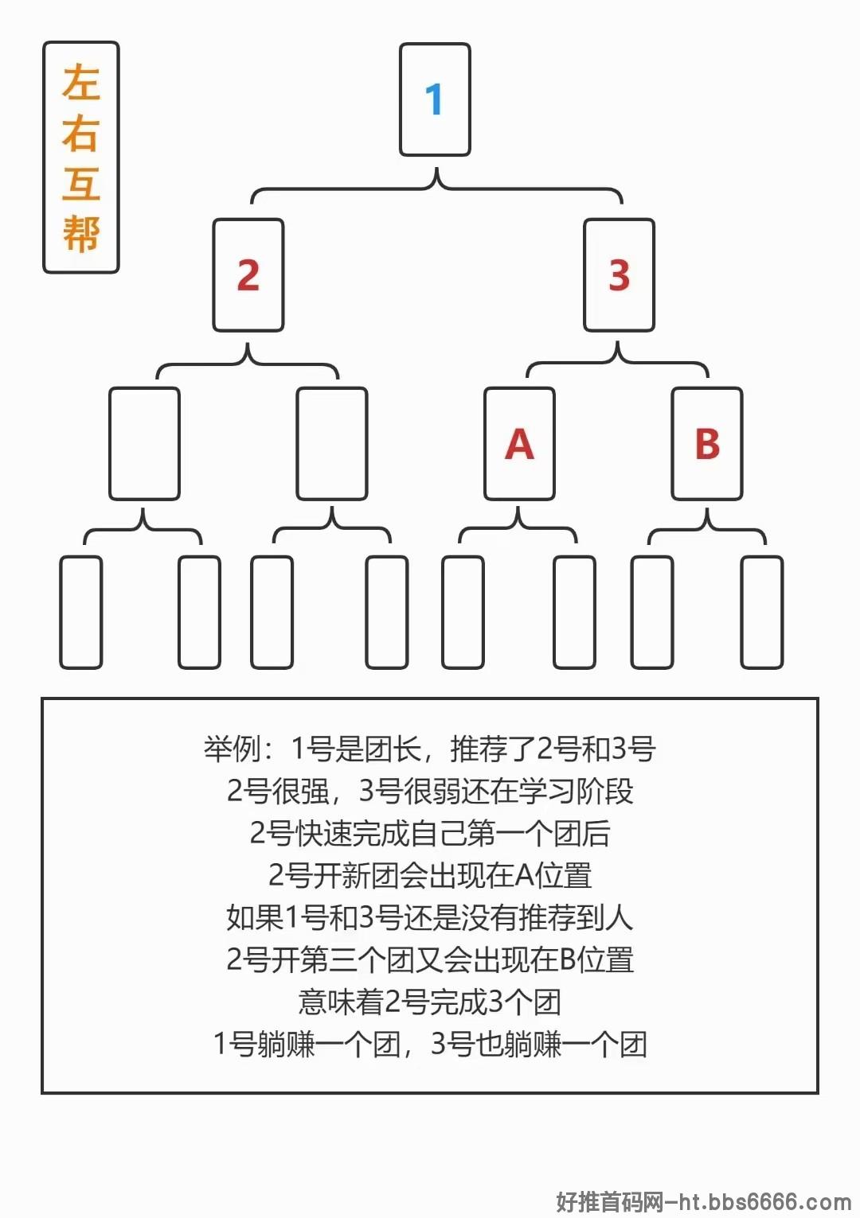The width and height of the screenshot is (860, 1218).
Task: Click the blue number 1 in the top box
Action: point(434,99)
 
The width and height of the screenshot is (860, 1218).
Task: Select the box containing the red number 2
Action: point(248,275)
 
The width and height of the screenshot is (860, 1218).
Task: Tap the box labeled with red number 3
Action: point(619,275)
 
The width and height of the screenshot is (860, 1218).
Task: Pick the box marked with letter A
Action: point(519,444)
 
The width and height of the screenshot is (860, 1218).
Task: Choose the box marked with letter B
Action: point(707,444)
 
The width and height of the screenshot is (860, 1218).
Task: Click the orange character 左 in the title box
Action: point(81,83)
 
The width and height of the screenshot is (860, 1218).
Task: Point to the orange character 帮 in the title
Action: point(81,234)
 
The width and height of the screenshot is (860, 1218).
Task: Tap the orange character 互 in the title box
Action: point(81,183)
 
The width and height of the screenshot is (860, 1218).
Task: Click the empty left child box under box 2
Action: point(144,444)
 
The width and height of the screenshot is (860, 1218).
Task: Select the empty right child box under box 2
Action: point(332,444)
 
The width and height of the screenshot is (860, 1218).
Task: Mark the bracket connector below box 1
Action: point(436,189)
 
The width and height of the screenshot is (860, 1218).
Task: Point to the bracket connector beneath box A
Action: point(518,527)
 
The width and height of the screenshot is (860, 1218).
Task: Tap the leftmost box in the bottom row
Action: point(80,613)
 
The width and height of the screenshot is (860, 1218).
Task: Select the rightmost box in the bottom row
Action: point(762,613)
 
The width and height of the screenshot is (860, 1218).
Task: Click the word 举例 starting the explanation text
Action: point(233,749)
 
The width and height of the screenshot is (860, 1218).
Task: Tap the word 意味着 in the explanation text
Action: point(342,1002)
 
